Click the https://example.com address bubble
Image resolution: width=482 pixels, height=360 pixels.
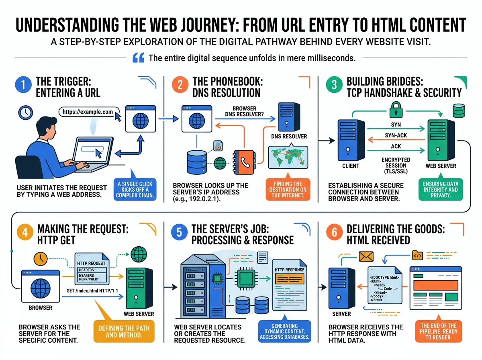87,112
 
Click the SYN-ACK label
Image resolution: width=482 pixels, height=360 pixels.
396,135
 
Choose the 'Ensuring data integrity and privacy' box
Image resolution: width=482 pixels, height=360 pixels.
440,190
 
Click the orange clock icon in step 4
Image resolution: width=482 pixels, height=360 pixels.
41,259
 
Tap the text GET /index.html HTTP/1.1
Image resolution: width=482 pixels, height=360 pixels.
92,290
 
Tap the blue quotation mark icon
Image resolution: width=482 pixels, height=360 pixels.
138,58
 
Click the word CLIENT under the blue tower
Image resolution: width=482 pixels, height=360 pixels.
351,166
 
